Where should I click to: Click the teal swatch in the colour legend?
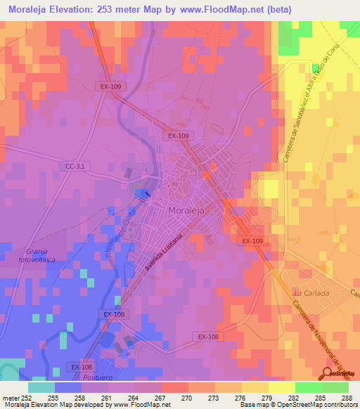pos(41,387)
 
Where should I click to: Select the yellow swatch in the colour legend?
pos(282,387)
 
